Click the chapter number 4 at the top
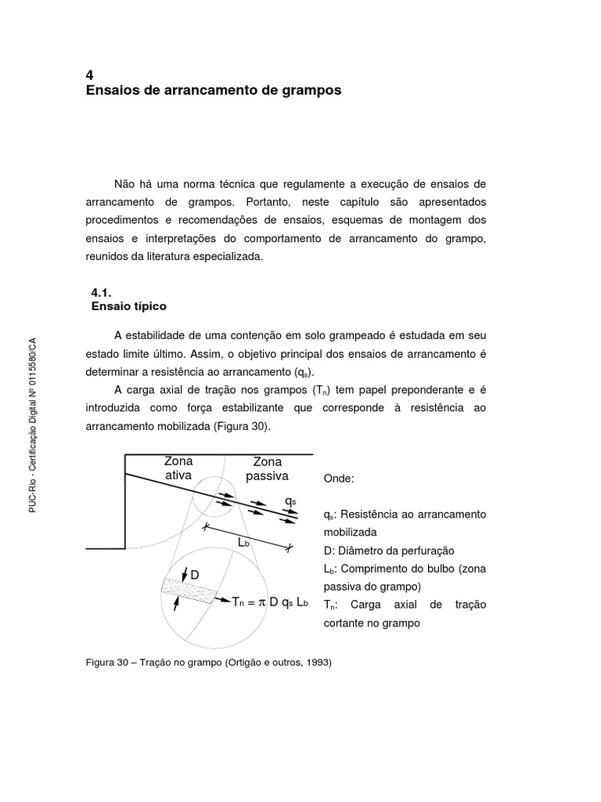point(88,75)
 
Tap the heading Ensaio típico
point(129,306)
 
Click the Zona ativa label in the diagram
point(178,468)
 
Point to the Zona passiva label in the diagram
point(267,468)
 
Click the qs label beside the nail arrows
point(290,500)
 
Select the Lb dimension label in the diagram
point(245,542)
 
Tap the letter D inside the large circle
point(195,575)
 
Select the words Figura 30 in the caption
point(110,663)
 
